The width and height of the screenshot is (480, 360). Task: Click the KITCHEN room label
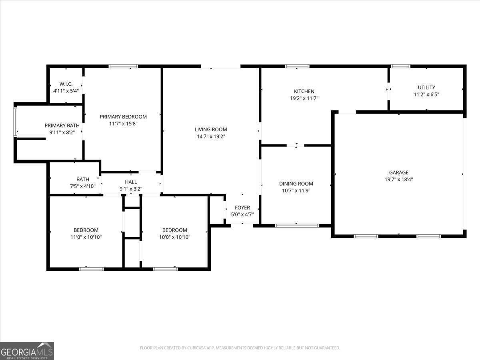304,91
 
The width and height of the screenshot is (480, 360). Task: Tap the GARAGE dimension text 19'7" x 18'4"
398,180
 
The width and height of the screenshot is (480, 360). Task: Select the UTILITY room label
426,87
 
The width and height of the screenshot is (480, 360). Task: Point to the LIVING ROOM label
211,129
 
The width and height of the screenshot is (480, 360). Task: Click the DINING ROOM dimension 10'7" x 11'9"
296,190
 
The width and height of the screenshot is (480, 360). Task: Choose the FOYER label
242,208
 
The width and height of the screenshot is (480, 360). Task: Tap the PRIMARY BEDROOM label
123,117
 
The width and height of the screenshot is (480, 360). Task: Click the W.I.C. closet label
66,84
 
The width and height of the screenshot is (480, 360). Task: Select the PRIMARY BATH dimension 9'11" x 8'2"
62,132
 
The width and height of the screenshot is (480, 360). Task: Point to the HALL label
131,182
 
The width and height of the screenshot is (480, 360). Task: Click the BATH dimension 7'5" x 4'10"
82,186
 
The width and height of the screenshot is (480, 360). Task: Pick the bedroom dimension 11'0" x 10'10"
86,237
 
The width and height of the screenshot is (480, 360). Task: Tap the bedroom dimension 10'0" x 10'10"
174,237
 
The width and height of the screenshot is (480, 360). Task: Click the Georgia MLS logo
27,351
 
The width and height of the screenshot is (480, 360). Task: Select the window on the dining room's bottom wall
297,226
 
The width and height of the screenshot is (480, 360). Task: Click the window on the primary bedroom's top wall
123,66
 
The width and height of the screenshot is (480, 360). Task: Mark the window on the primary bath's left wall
16,122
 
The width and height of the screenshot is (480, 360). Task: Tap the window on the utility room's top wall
400,66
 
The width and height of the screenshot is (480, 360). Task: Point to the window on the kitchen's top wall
297,66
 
